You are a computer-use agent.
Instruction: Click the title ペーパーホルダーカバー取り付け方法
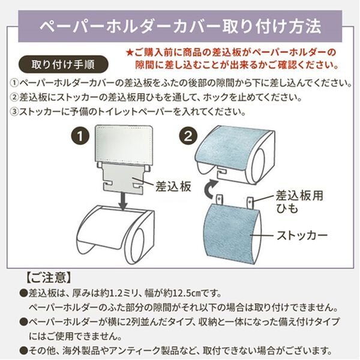(x=179, y=26)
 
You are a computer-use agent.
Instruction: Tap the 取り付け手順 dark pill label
(x=62, y=64)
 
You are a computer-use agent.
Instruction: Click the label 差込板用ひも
(x=298, y=202)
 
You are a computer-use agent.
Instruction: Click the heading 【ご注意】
(x=49, y=278)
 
